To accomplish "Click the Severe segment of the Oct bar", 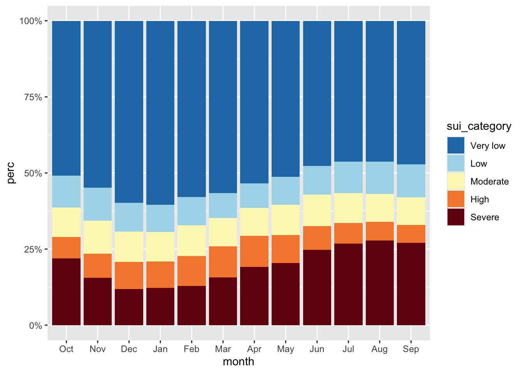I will point(66,291).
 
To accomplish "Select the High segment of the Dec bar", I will point(129,275).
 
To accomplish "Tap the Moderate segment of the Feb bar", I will point(191,241).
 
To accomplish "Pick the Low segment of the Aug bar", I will point(379,178).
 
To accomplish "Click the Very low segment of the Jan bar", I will point(160,113).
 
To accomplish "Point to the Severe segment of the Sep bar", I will point(411,284).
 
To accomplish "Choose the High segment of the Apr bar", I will point(254,251).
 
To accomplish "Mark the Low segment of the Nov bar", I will point(98,204).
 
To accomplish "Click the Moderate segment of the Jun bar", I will point(317,210).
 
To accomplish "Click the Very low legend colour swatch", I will point(456,146).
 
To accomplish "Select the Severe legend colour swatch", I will point(456,217).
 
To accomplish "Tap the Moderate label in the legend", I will point(489,181).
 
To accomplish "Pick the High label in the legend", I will point(479,199).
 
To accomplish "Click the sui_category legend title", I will point(479,126).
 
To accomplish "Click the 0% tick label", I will point(35,326).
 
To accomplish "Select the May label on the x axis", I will point(286,349).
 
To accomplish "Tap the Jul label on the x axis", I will point(348,349).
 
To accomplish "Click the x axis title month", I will point(239,362).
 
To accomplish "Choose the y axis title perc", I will point(11,173).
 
